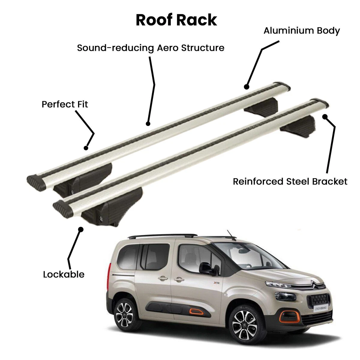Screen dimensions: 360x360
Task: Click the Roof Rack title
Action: (176, 20)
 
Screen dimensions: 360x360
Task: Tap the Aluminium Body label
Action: (301, 31)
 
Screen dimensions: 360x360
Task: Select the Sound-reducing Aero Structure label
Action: (151, 48)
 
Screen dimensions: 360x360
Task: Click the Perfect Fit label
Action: (64, 104)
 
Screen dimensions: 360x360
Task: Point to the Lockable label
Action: (64, 274)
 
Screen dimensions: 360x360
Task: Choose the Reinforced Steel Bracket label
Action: (290, 181)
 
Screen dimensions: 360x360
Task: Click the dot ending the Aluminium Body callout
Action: (247, 87)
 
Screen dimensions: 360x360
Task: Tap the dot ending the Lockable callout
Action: (81, 229)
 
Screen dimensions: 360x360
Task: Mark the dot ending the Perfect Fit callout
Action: (86, 148)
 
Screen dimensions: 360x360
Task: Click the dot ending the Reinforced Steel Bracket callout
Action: (325, 117)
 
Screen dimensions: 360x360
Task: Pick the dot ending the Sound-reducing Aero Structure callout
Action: (148, 124)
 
